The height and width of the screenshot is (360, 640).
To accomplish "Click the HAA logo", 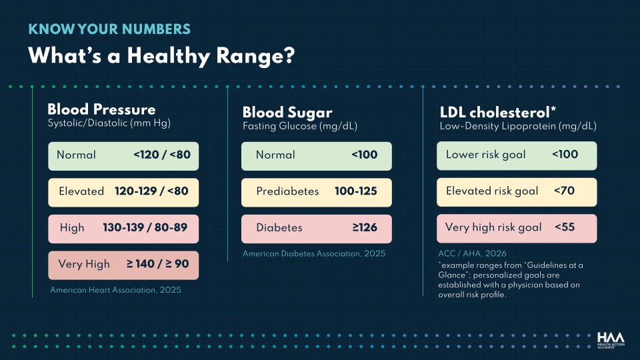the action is click(x=611, y=340).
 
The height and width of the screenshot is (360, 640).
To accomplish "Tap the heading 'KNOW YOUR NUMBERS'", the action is click(x=109, y=29).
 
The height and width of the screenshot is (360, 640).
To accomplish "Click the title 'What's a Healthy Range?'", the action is click(x=161, y=56).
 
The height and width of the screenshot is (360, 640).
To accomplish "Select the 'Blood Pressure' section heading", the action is click(x=101, y=109).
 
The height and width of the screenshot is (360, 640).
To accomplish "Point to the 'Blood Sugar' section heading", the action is click(x=287, y=113).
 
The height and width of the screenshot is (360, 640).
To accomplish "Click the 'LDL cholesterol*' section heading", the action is click(x=498, y=112).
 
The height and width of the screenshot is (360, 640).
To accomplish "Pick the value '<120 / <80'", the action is click(x=162, y=155).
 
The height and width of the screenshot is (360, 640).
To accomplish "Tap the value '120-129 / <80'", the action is click(x=151, y=191).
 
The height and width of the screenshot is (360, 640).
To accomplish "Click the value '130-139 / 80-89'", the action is click(x=145, y=227).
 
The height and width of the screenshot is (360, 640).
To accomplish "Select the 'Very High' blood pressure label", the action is click(x=84, y=264).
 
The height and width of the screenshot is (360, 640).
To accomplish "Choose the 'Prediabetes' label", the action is click(x=287, y=191).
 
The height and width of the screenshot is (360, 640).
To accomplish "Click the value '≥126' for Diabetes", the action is click(x=365, y=227).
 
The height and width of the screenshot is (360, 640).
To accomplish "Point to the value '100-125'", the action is click(x=356, y=191).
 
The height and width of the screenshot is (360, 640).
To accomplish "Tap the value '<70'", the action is click(x=564, y=191).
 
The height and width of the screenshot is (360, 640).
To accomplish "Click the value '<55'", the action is click(x=565, y=227).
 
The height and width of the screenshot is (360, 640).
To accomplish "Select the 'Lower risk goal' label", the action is click(x=486, y=155).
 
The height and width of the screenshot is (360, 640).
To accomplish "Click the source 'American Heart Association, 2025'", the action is click(x=115, y=290).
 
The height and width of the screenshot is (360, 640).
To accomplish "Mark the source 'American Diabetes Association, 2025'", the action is click(x=314, y=253).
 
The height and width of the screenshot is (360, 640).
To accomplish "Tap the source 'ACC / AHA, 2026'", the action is click(x=472, y=253).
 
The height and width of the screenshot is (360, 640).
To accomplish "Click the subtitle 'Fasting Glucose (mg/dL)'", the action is click(x=300, y=126).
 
